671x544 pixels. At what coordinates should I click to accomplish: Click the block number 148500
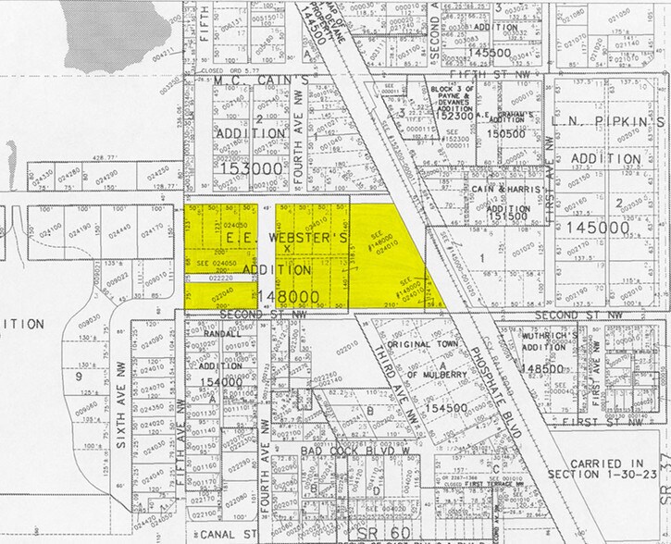click(x=542, y=368)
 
